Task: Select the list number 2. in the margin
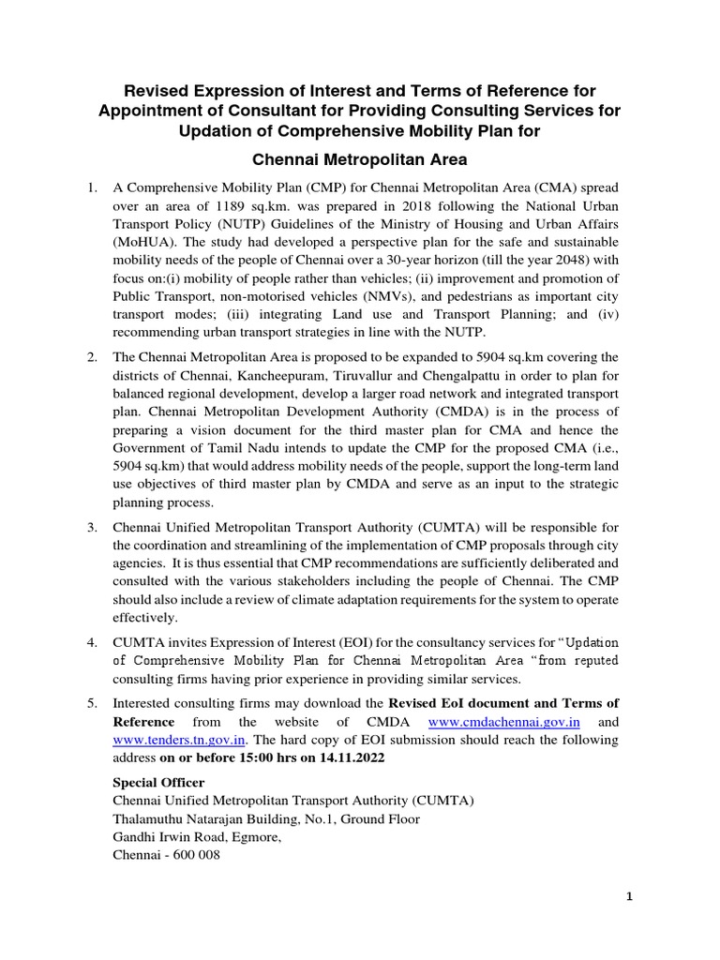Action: coord(93,356)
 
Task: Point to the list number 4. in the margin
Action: coord(93,642)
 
